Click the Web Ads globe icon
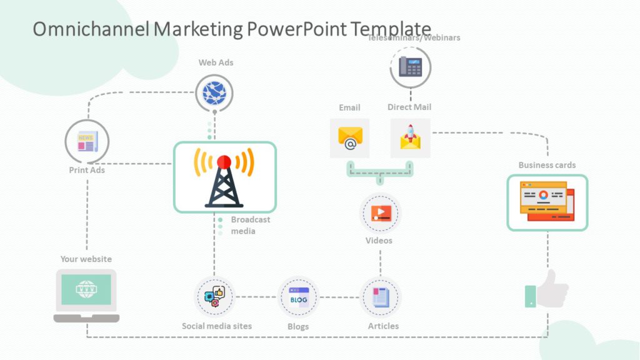(x=214, y=92)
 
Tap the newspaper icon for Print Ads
(x=86, y=142)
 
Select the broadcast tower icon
(x=224, y=177)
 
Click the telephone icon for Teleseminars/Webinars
(x=411, y=67)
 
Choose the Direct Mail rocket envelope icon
(x=411, y=138)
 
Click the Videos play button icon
(x=381, y=213)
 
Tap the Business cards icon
(x=547, y=202)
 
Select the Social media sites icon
(x=214, y=296)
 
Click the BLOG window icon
(x=298, y=297)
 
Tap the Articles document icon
(x=381, y=297)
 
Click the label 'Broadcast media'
(x=250, y=226)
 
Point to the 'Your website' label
(x=86, y=259)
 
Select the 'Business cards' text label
(x=547, y=165)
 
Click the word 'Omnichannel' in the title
(x=90, y=29)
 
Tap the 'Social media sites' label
(x=217, y=326)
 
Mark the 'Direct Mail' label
(x=409, y=107)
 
